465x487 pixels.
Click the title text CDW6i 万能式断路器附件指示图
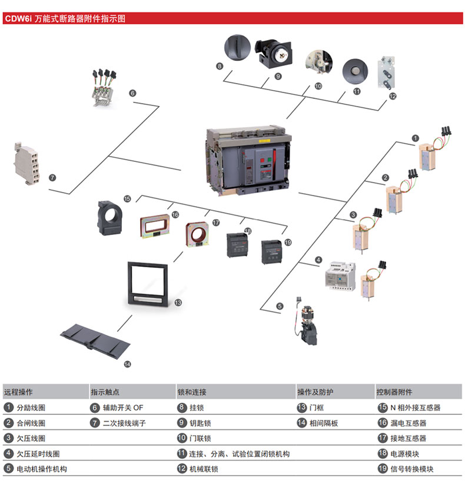click(x=65, y=18)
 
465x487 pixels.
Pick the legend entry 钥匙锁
click(x=200, y=423)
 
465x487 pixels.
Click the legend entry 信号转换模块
click(x=412, y=469)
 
